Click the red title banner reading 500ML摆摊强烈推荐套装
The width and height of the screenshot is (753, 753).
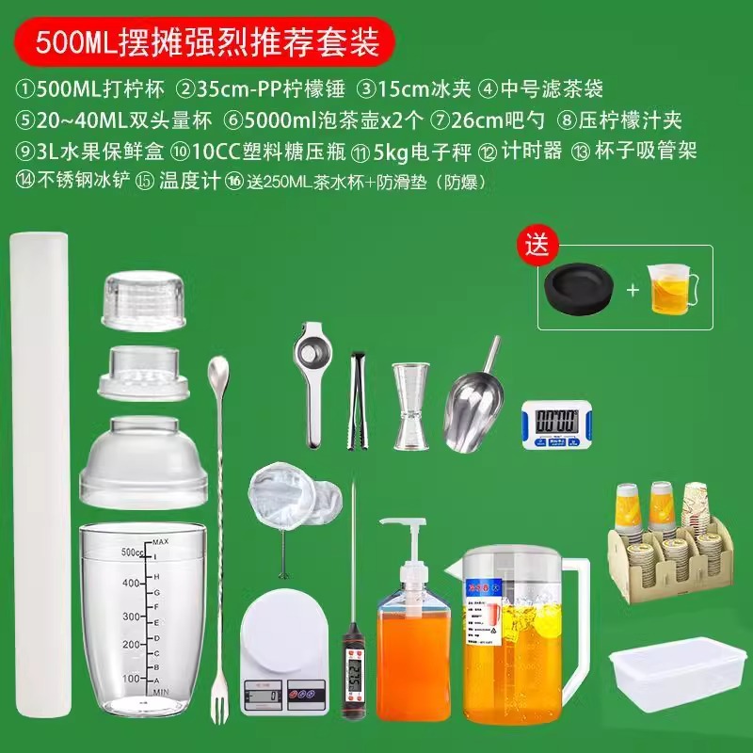(203, 41)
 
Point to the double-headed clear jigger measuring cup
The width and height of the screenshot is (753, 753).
(410, 406)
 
